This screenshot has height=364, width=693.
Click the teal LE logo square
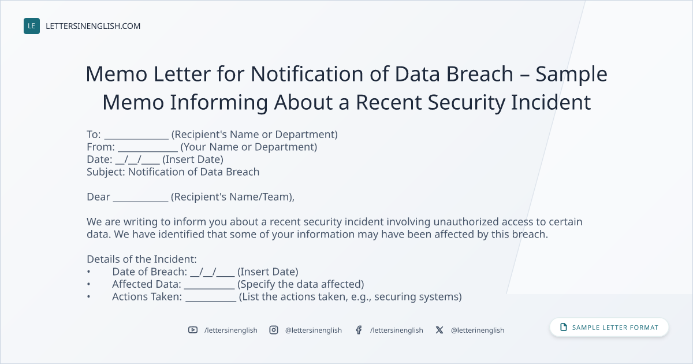[32, 26]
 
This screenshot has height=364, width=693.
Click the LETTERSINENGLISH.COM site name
[93, 26]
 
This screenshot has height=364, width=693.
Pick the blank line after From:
[148, 151]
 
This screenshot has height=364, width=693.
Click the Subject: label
[106, 172]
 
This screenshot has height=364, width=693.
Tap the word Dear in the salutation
[98, 197]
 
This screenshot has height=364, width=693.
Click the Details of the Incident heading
[141, 259]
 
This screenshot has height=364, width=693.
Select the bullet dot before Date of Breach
[89, 272]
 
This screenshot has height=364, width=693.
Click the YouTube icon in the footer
[193, 330]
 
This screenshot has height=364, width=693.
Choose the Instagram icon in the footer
[274, 330]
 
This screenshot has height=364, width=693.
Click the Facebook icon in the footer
[359, 330]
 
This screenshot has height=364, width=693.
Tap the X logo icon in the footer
[439, 330]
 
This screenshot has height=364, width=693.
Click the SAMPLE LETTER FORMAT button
[609, 328]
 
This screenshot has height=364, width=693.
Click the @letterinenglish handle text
[478, 330]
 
